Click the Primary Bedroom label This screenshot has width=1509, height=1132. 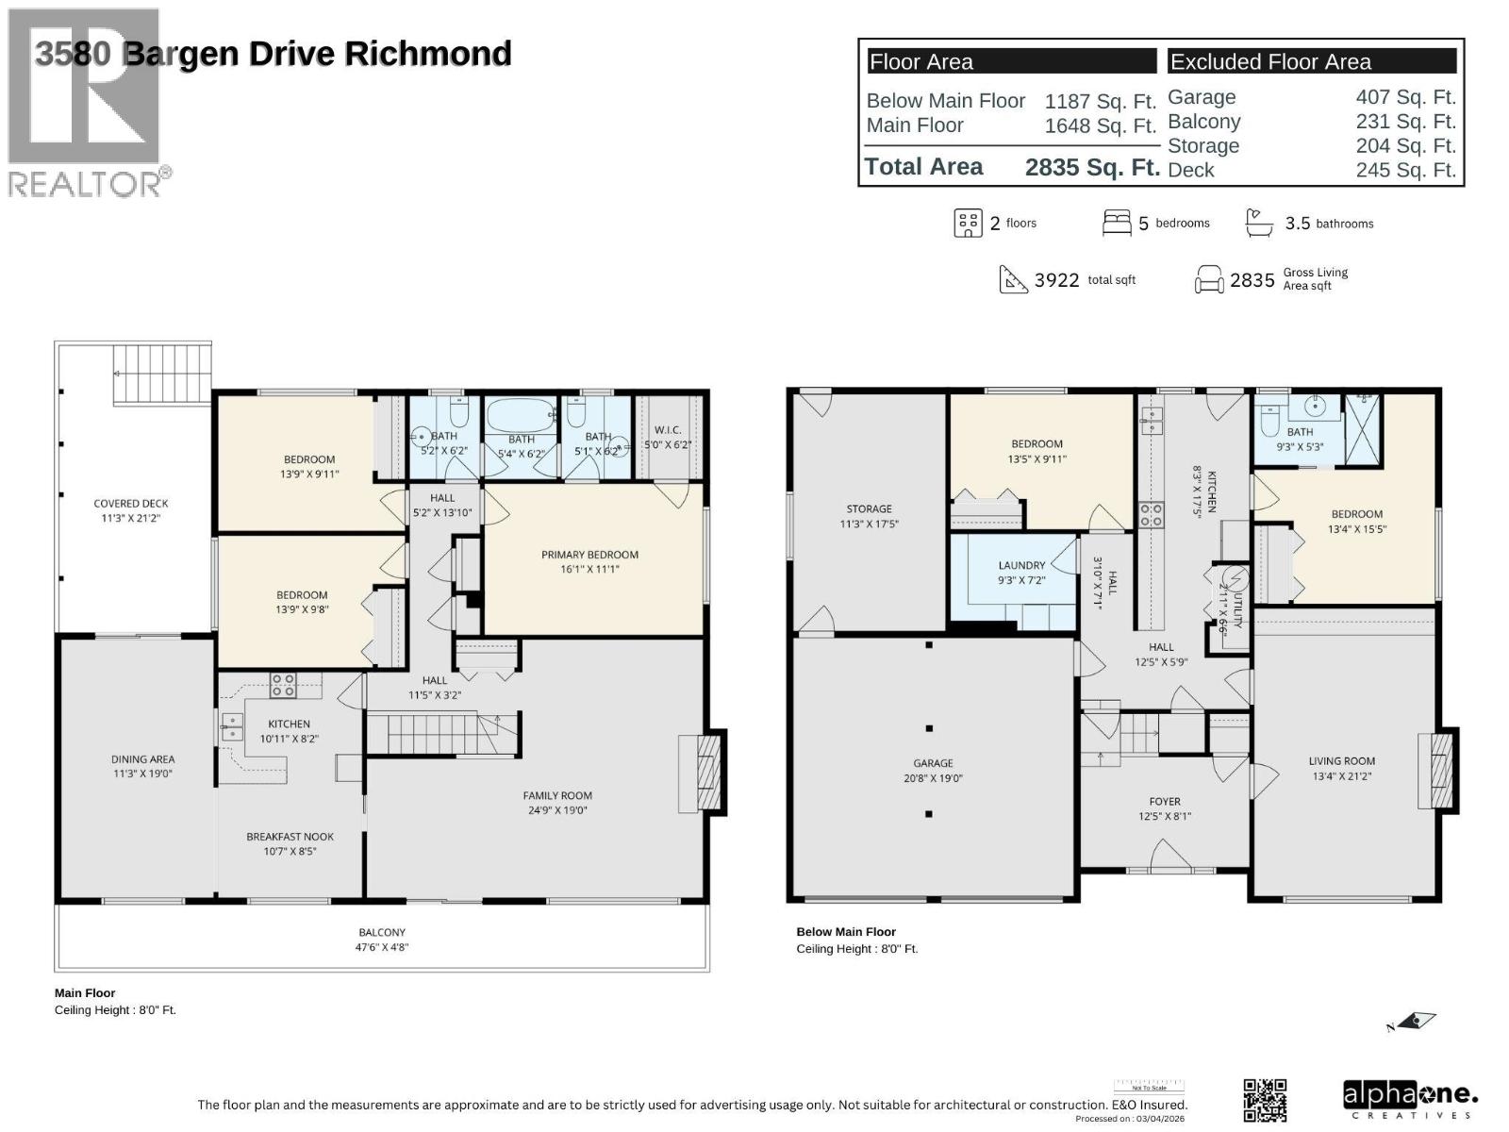coord(589,555)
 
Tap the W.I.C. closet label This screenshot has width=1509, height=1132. coord(668,430)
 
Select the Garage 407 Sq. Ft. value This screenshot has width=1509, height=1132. coord(1405,97)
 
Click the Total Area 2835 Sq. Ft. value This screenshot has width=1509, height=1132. coord(1092,167)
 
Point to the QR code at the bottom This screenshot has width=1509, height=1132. coord(1265,1100)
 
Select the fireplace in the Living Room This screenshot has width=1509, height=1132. coord(1437,769)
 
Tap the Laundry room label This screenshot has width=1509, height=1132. coord(1021,565)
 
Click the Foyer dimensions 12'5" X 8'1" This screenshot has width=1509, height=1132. coord(1165,817)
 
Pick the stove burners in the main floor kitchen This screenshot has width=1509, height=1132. coord(283,685)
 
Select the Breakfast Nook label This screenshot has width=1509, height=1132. coord(290,837)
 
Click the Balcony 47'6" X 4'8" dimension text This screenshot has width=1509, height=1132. coord(382,947)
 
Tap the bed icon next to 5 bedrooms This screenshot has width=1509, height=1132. coord(1117,224)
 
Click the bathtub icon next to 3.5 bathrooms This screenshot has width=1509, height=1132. coord(1259,224)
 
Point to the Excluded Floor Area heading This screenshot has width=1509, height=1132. coord(1270,62)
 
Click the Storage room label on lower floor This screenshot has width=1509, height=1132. coord(869,508)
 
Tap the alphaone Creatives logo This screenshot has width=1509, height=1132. coord(1410,1100)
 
